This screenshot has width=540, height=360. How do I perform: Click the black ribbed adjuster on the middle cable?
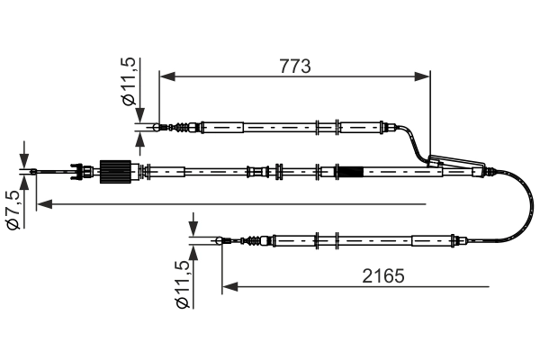point(114,169)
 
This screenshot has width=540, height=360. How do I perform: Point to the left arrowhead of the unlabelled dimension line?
point(43,204)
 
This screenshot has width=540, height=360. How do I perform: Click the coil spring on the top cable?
point(184,127)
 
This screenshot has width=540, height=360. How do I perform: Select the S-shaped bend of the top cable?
point(416,142)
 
